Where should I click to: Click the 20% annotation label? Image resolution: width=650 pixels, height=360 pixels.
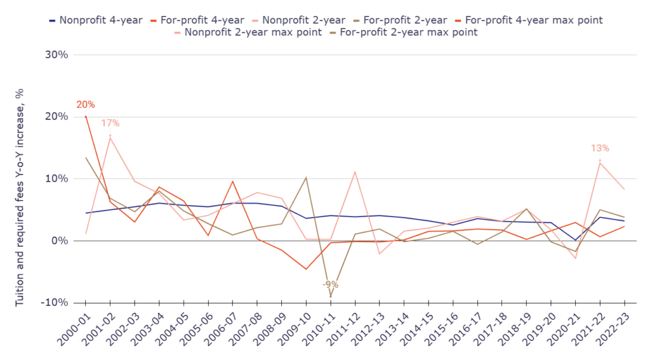pos(85,105)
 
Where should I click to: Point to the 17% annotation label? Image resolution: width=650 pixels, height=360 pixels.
pos(110,123)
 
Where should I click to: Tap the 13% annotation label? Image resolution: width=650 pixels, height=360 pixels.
pos(599,149)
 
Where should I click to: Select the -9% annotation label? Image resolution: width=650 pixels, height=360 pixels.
pos(329,284)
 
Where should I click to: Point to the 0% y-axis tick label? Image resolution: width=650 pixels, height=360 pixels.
pos(60,241)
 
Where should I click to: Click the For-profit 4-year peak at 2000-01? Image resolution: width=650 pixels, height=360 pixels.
pos(86,117)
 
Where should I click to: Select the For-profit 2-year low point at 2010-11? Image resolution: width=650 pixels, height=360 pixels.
pos(330,297)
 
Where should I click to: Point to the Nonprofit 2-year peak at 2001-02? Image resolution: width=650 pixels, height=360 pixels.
pos(110,137)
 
